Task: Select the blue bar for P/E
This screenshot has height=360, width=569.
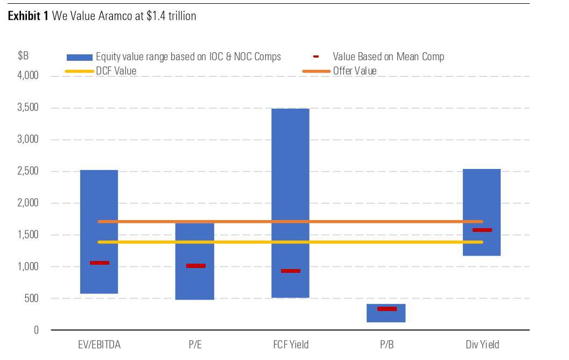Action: pyautogui.click(x=195, y=285)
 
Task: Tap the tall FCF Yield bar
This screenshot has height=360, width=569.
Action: pyautogui.click(x=290, y=161)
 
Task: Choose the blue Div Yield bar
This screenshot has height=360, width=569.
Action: pyautogui.click(x=482, y=194)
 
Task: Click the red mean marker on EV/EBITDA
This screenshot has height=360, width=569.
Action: pyautogui.click(x=100, y=263)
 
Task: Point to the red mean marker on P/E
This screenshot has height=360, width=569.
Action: pyautogui.click(x=195, y=265)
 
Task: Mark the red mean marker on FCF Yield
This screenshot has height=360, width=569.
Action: pyautogui.click(x=291, y=271)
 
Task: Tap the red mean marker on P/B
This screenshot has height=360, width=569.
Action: pyautogui.click(x=387, y=308)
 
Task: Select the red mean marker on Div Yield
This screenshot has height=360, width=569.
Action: pyautogui.click(x=482, y=230)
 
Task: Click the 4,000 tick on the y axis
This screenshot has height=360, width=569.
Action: pyautogui.click(x=28, y=76)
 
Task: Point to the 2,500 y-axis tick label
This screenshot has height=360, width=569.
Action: pyautogui.click(x=28, y=172)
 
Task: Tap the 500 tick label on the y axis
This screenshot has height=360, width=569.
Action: pyautogui.click(x=32, y=299)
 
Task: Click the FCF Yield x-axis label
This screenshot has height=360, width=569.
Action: pyautogui.click(x=290, y=344)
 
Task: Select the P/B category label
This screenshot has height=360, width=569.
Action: pyautogui.click(x=386, y=344)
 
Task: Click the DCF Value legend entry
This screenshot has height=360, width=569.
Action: pyautogui.click(x=116, y=71)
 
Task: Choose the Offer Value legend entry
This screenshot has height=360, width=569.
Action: pyautogui.click(x=354, y=71)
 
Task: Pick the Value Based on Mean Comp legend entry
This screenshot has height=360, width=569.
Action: pyautogui.click(x=388, y=57)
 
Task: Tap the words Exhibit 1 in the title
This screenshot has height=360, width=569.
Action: pyautogui.click(x=28, y=16)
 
